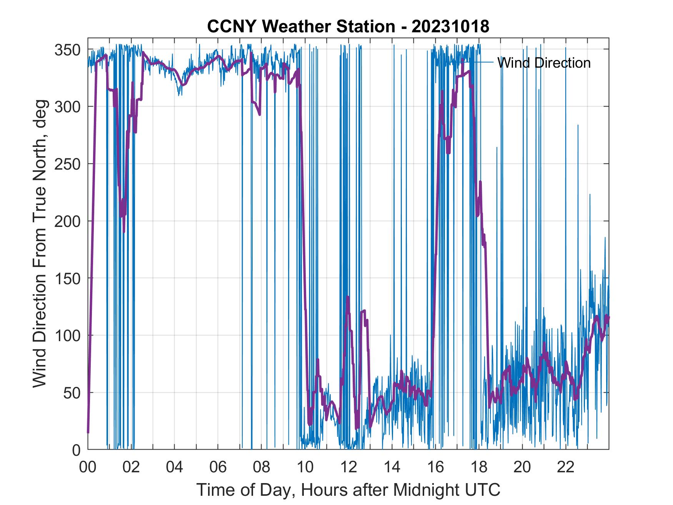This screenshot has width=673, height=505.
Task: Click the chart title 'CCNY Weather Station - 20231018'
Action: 348,27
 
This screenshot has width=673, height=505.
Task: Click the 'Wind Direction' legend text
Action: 544,63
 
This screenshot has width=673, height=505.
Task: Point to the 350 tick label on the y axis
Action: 68,50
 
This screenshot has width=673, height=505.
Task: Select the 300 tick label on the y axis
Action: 68,107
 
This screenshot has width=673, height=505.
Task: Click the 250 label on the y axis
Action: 68,164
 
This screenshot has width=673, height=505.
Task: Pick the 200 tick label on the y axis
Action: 68,222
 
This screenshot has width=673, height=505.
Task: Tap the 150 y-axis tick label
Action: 68,278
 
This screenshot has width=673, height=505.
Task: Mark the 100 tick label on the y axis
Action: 68,336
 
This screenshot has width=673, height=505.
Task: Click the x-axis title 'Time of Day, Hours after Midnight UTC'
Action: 348,490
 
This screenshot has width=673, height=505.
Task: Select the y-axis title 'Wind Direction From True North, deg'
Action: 40,244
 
